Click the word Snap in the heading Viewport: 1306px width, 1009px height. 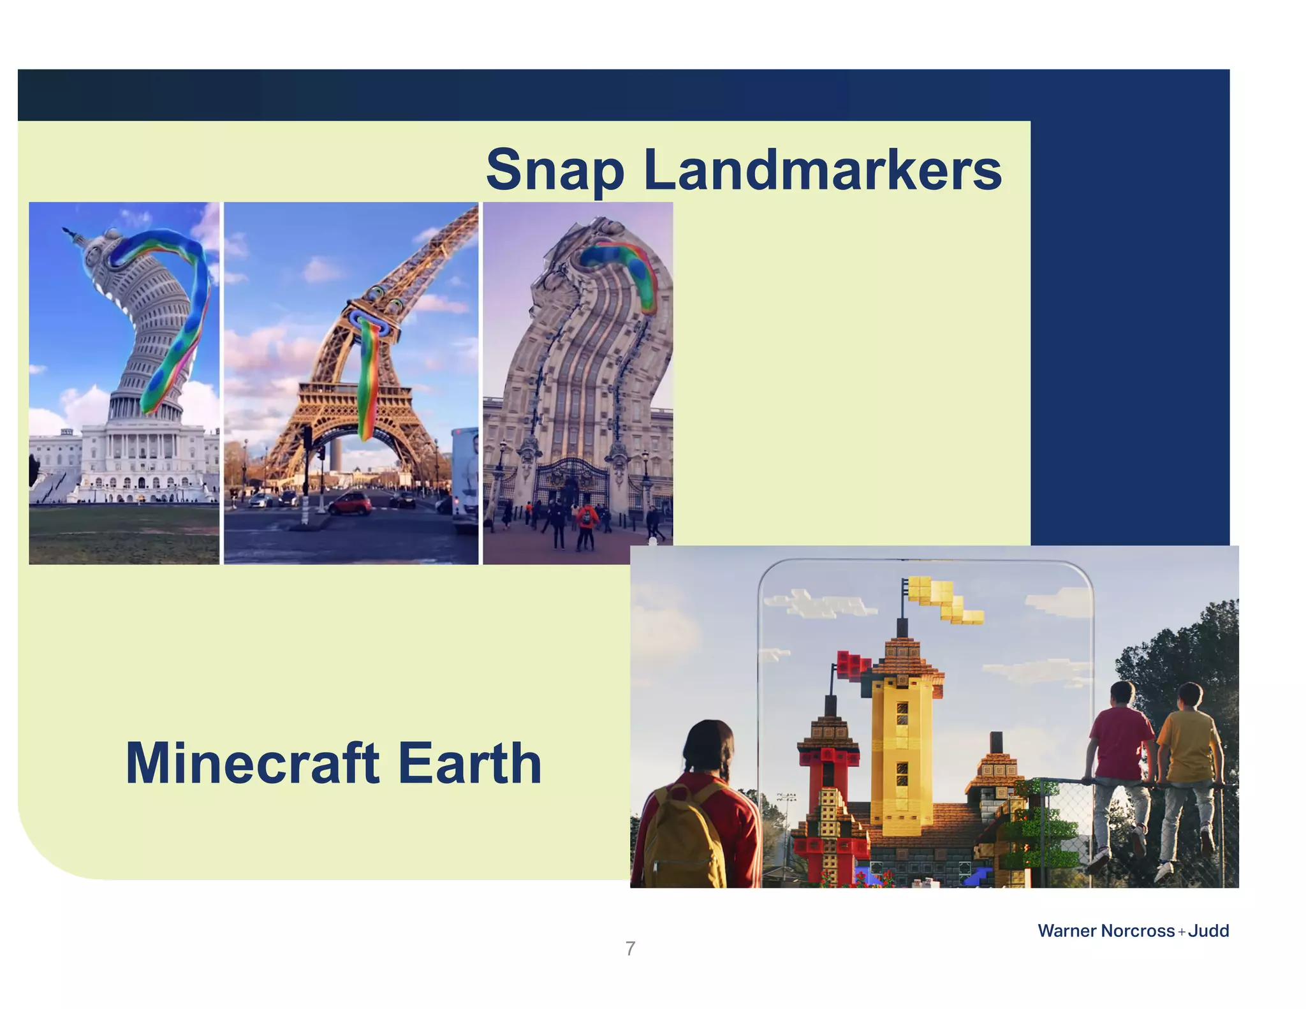pos(555,170)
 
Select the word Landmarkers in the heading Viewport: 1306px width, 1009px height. pos(823,170)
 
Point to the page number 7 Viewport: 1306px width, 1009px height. pos(630,948)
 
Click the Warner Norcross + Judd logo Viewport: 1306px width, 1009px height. pos(1133,931)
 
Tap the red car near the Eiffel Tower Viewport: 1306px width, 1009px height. pos(351,504)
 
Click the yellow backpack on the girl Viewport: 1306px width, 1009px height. pos(682,836)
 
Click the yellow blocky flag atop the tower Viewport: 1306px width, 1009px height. pos(944,598)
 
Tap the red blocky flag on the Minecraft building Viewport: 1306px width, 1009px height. pos(851,665)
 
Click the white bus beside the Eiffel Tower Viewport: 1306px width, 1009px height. pos(466,478)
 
